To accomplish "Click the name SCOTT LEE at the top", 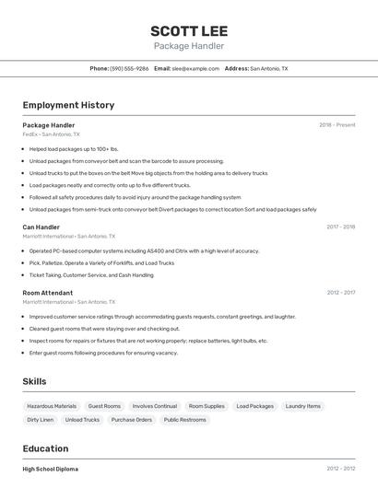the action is point(188,29).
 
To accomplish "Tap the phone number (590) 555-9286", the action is point(129,68).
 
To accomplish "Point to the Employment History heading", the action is point(68,105).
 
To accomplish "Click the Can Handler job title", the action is point(41,227).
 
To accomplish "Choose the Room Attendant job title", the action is point(47,293).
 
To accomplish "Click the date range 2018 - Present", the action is point(337,125).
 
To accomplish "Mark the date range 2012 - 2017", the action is point(341,293).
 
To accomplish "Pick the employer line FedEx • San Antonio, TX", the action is point(51,134).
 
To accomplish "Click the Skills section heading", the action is point(34,381).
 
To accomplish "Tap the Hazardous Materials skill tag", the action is point(52,406).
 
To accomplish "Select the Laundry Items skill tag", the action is point(303,406).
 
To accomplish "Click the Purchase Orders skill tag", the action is point(132,420).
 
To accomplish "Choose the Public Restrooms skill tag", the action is point(185,420).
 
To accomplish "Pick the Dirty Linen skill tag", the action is point(40,420).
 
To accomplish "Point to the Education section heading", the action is point(45,448).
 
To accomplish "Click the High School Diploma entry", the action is point(51,469).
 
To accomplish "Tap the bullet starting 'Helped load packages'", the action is point(74,148).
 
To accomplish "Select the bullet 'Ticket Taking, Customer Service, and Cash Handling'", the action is point(91,274).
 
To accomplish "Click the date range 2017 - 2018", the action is point(341,227).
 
